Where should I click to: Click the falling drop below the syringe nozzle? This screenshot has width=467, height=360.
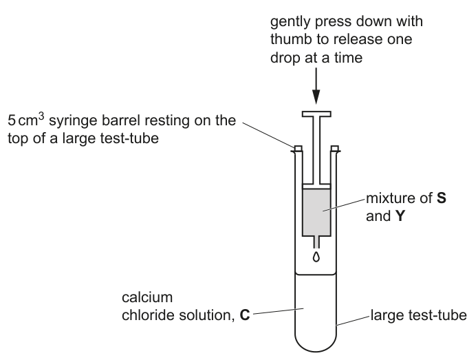point(316,257)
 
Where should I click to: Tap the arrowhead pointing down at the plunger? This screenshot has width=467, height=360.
point(316,96)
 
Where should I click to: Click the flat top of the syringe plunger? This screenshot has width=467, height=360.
point(316,114)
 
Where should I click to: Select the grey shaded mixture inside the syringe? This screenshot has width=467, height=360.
point(316,212)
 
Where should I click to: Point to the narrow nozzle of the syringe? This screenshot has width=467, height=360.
point(316,242)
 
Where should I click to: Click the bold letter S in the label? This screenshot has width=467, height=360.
point(442,198)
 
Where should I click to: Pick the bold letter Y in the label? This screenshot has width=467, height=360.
point(400,216)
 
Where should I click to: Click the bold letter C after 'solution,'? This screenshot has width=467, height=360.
point(245,315)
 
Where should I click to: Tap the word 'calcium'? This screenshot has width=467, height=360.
point(147,297)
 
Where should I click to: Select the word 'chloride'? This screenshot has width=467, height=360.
point(148,315)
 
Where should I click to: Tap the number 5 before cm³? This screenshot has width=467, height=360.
point(12,120)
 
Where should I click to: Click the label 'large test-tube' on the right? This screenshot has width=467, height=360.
point(419,315)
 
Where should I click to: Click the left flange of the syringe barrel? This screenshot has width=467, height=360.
point(298,149)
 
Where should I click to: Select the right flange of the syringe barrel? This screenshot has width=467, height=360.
point(335,149)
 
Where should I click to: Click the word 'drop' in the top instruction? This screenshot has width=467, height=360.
point(285,58)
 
